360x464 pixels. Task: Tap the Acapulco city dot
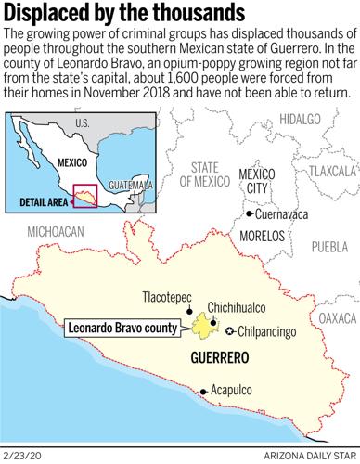pyautogui.click(x=204, y=392)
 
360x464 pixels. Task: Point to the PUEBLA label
pyautogui.click(x=328, y=247)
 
